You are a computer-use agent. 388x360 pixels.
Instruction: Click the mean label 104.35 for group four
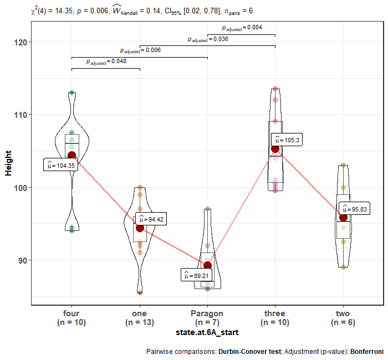click(x=60, y=165)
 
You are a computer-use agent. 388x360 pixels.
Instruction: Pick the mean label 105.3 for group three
click(x=285, y=140)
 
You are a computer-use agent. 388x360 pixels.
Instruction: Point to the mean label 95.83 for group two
click(x=354, y=209)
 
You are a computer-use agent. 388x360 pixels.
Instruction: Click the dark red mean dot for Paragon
click(x=207, y=265)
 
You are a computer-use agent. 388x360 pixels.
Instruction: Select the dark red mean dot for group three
click(x=275, y=148)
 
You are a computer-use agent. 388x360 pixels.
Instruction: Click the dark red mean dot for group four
click(x=72, y=156)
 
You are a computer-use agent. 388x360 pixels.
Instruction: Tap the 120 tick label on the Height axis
click(x=21, y=42)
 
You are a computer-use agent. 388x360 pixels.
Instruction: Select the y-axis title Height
click(x=8, y=163)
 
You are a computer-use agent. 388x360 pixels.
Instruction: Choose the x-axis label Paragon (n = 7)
click(x=207, y=317)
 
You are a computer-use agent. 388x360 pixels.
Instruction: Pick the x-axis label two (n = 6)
click(x=343, y=317)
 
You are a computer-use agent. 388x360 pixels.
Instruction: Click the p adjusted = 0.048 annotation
click(x=106, y=61)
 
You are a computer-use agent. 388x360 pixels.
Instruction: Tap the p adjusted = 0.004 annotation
click(x=242, y=28)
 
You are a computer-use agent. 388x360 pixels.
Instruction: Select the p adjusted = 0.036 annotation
click(x=207, y=39)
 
